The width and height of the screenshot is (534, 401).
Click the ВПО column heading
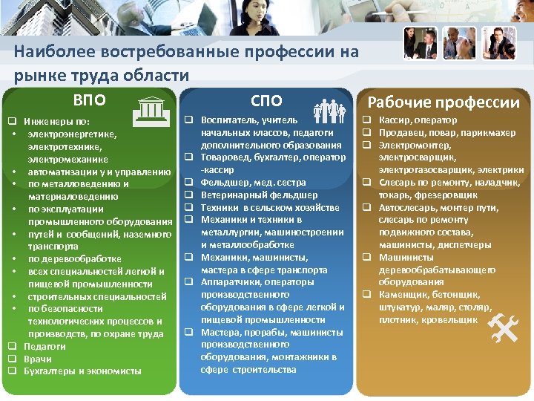[89, 100]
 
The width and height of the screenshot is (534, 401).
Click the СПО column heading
[266, 100]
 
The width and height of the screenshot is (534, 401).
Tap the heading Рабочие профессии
[444, 102]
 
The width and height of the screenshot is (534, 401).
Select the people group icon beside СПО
[327, 111]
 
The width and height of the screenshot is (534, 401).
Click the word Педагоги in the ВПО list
[44, 346]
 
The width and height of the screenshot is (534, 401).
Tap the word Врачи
[37, 359]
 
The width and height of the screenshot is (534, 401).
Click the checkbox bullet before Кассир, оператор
[366, 120]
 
